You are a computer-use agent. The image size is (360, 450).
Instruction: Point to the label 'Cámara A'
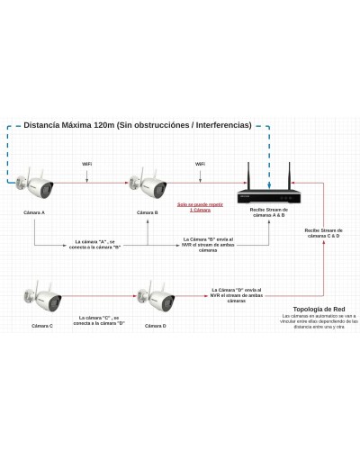(35, 213)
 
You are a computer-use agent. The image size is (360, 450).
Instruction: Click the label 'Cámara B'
(148, 213)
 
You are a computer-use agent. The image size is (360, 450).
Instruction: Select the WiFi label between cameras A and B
(86, 164)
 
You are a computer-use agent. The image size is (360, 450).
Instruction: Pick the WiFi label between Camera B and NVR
(200, 164)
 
